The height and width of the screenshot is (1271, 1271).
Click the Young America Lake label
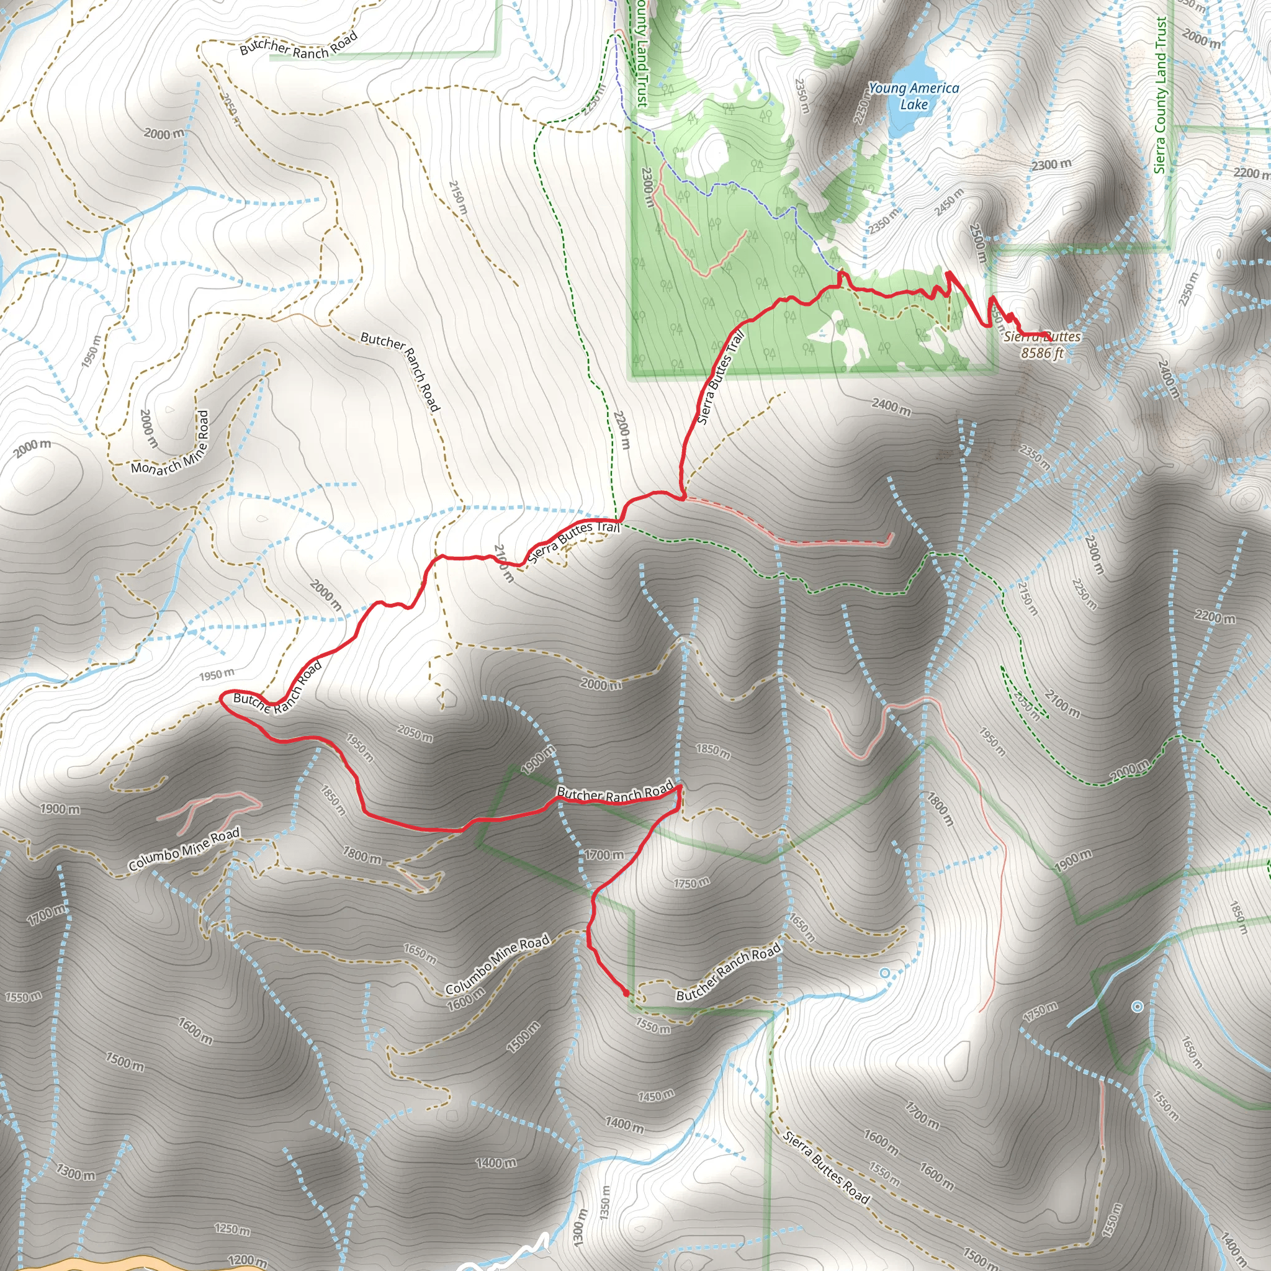(x=913, y=96)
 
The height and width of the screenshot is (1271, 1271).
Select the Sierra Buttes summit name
(x=1042, y=337)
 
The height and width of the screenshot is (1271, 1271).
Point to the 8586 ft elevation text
(x=1042, y=354)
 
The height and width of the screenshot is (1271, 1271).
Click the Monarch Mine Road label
(x=169, y=443)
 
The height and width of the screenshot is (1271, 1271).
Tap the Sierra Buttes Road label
(x=827, y=1168)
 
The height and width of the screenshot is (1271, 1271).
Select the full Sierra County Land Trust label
(x=1161, y=96)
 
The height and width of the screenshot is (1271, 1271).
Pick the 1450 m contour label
(x=656, y=1095)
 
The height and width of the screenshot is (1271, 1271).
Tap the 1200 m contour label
(x=248, y=1260)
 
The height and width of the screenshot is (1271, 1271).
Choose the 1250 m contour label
(x=232, y=1229)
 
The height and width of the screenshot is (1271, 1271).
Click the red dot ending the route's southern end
(x=625, y=993)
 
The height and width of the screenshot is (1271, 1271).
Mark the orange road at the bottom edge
(x=99, y=1264)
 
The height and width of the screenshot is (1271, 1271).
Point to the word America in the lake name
(x=934, y=88)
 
